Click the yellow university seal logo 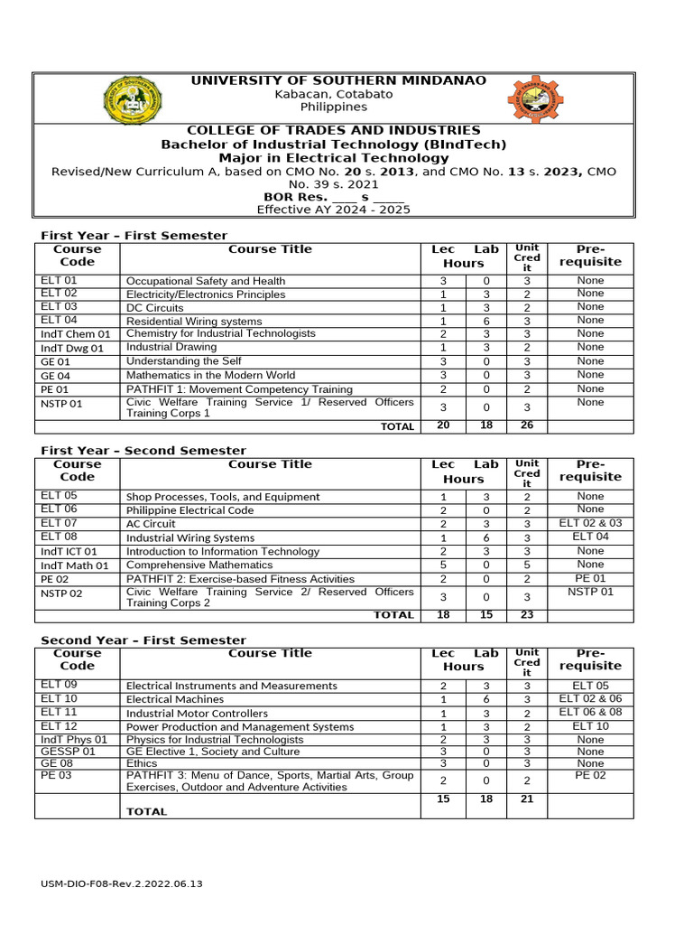[x=134, y=101]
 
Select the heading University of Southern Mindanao [x=337, y=81]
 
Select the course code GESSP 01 [x=68, y=751]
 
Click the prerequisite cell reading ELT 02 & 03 [x=590, y=523]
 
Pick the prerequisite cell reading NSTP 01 [x=590, y=592]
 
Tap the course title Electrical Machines [x=175, y=699]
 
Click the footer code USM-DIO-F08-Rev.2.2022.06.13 [x=122, y=883]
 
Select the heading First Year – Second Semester [x=143, y=451]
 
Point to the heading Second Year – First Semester [x=143, y=640]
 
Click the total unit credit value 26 [x=526, y=425]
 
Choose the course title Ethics [x=142, y=763]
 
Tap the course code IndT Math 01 [x=75, y=565]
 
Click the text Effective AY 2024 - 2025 [x=333, y=210]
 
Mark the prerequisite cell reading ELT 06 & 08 [x=590, y=712]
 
